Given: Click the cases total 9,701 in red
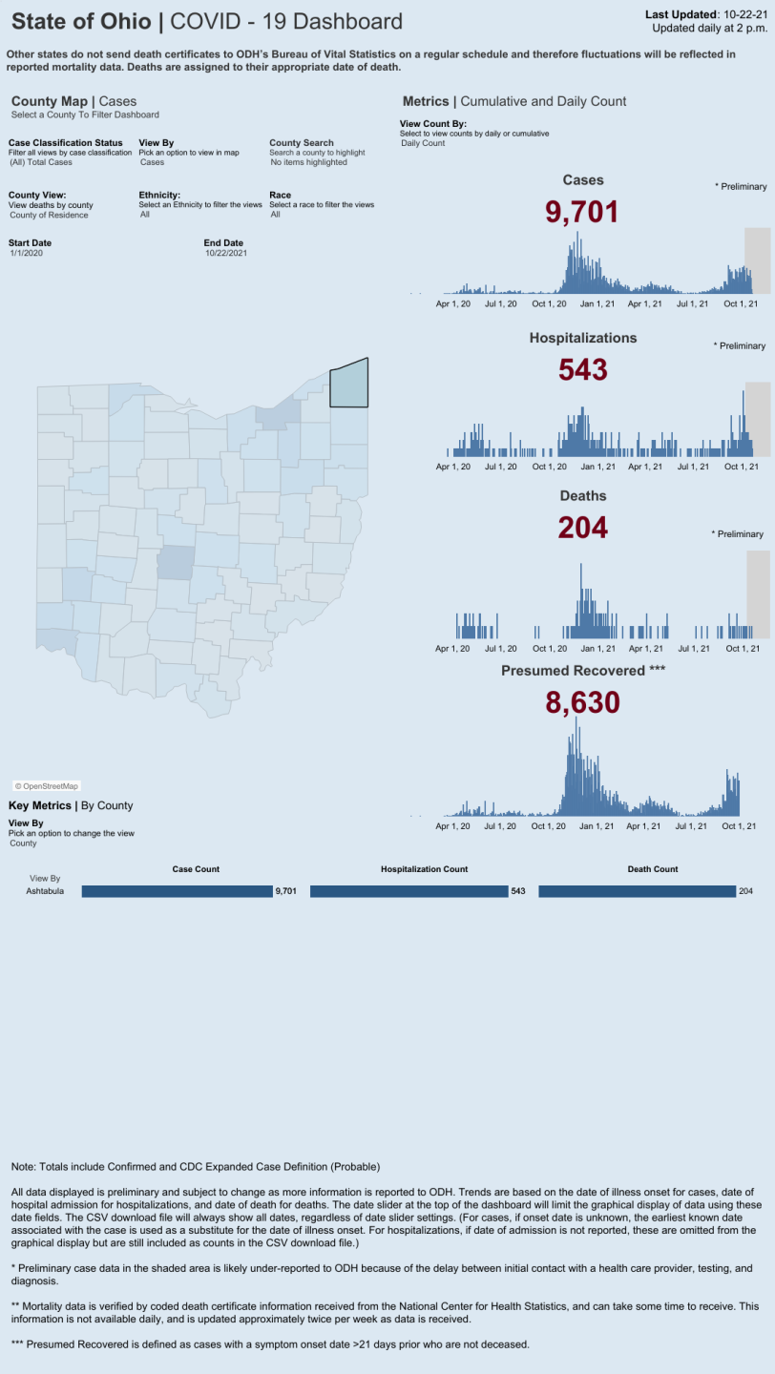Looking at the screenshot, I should tap(582, 212).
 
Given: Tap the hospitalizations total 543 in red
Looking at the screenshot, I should tap(582, 368).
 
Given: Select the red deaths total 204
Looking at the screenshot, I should tap(582, 527).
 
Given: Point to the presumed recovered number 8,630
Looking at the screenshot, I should tap(582, 702).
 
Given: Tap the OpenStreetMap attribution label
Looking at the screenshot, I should tap(46, 786).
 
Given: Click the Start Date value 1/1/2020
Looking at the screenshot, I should tap(27, 253).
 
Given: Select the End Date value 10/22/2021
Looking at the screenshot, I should tap(225, 253).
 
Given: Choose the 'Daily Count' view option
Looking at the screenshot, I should tap(423, 143).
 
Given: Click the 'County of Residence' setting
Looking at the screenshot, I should tap(48, 215).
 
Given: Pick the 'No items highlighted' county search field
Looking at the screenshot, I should tap(309, 162).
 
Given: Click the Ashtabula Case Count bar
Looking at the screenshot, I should tap(177, 891).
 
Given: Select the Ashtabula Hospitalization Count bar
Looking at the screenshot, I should tap(408, 891).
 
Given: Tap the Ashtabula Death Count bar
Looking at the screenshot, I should tap(637, 891).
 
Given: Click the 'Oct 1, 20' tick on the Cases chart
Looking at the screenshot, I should tap(550, 303).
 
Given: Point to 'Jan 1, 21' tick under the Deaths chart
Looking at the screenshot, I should tap(598, 648).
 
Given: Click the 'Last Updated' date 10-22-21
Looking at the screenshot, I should tap(743, 14).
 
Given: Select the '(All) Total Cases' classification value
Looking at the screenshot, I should tap(41, 162).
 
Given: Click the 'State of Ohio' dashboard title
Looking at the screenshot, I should tap(81, 21).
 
